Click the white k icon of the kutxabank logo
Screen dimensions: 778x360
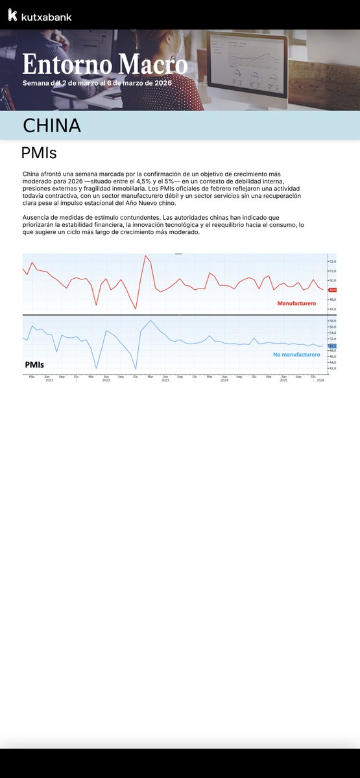click(x=12, y=16)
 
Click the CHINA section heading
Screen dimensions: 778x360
click(x=52, y=126)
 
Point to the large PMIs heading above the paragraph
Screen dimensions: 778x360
click(x=39, y=154)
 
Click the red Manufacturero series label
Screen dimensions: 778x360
click(x=296, y=303)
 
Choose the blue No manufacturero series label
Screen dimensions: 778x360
click(x=296, y=355)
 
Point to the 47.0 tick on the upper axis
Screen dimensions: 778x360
click(x=333, y=309)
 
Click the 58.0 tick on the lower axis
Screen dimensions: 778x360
click(x=333, y=321)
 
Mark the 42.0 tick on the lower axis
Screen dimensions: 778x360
click(x=333, y=368)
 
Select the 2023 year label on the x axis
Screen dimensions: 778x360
click(x=165, y=381)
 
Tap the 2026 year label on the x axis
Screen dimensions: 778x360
click(x=320, y=381)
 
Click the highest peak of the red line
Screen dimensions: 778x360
click(x=145, y=256)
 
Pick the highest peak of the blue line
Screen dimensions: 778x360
click(x=151, y=320)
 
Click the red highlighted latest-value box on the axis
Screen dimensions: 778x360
click(x=333, y=290)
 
